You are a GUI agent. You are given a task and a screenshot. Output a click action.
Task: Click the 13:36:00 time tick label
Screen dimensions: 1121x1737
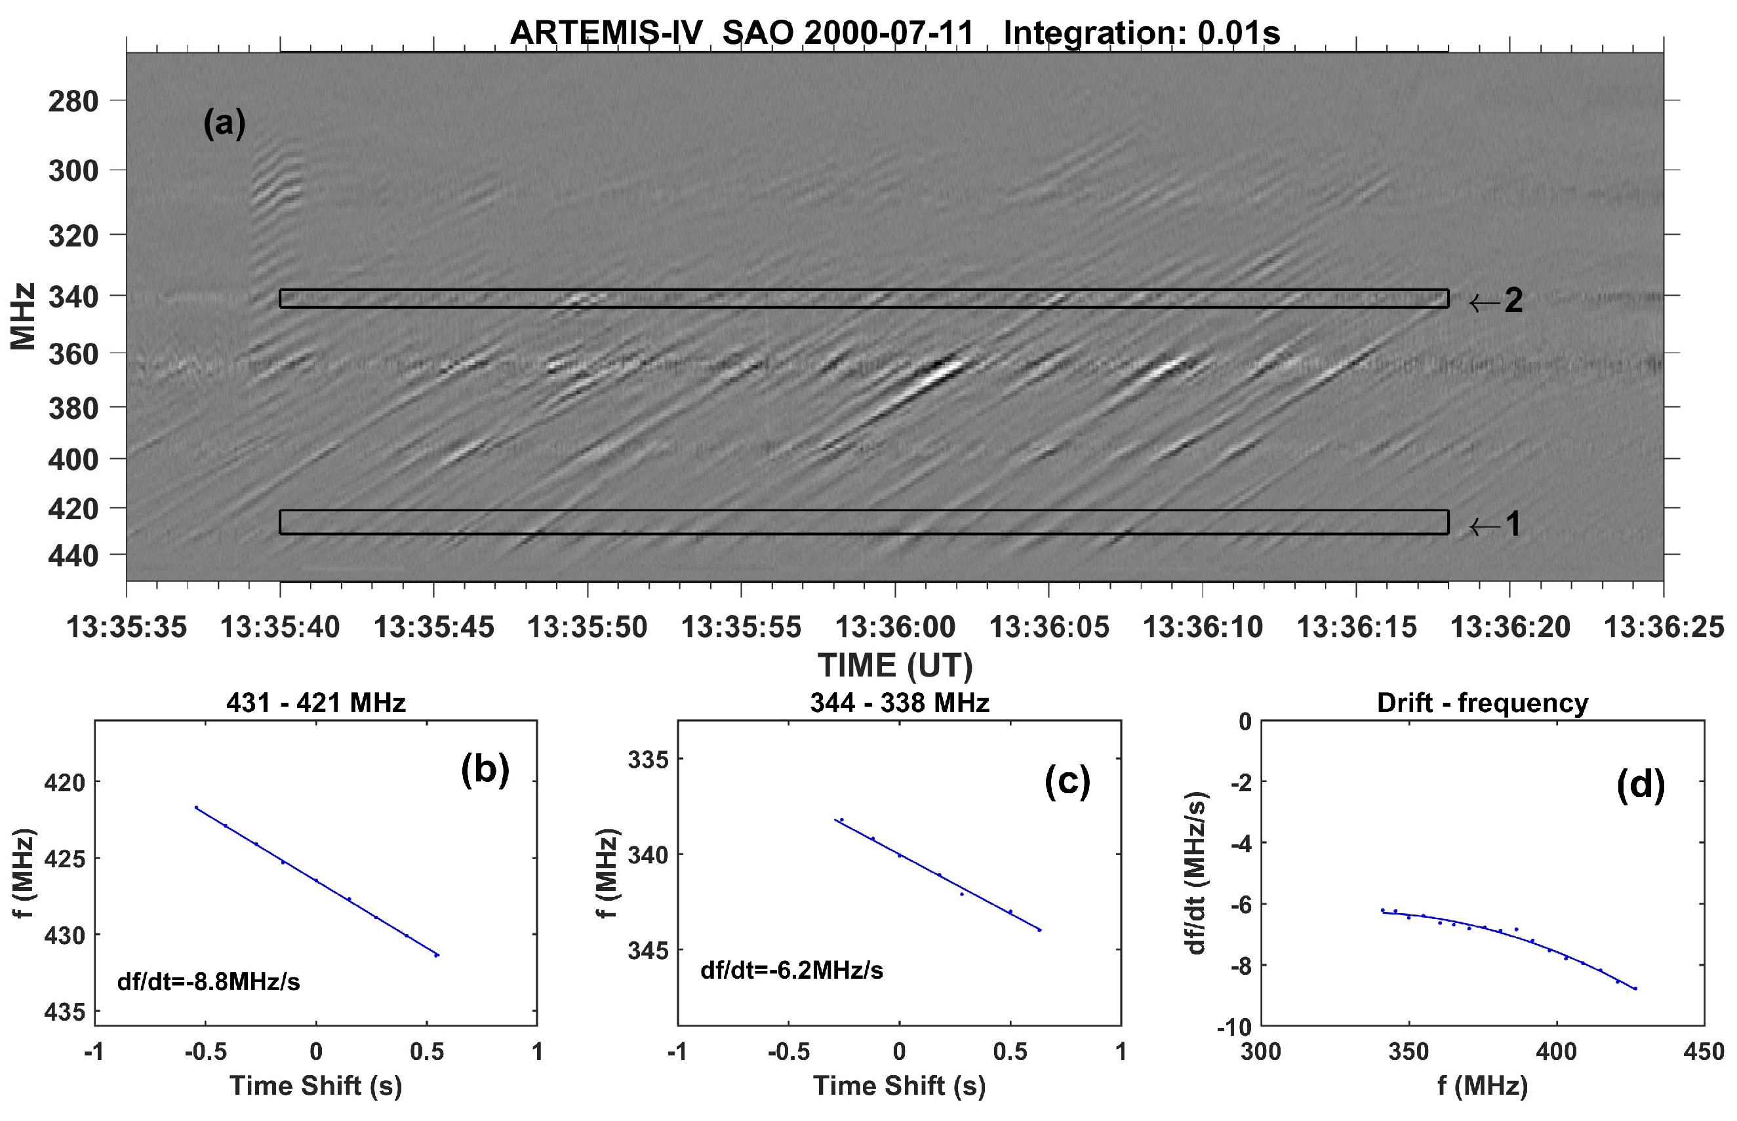coord(894,627)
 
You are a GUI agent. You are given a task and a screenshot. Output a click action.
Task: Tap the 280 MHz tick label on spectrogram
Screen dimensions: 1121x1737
coord(73,101)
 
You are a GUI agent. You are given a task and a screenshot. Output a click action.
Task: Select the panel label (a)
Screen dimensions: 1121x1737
coord(224,123)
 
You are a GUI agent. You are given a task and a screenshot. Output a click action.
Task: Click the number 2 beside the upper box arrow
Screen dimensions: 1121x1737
coord(1513,301)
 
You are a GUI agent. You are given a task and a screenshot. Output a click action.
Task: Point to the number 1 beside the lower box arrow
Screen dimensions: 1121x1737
coord(1513,523)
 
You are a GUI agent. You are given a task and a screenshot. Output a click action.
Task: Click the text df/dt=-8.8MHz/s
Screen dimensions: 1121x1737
coord(209,982)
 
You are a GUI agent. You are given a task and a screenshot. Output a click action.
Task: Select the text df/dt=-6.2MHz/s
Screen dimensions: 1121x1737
coord(791,970)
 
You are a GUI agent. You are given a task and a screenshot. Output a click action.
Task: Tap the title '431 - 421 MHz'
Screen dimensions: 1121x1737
coord(316,703)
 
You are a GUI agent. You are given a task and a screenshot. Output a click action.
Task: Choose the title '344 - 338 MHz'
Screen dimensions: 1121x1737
coord(899,703)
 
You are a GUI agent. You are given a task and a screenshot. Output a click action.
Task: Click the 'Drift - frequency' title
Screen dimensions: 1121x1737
coord(1482,703)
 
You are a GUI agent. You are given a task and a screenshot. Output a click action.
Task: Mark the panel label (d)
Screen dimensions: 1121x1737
coord(1640,785)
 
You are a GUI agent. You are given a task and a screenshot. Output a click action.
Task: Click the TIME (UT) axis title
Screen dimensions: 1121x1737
coord(894,665)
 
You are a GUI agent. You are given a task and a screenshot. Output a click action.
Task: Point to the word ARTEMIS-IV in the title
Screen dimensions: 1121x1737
coord(606,33)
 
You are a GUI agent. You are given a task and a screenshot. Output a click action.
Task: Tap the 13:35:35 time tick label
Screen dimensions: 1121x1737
coord(127,627)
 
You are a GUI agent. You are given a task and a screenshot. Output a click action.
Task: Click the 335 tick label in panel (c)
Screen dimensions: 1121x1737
coord(648,760)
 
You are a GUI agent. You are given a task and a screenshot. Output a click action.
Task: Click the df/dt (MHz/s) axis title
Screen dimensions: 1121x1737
coord(1196,873)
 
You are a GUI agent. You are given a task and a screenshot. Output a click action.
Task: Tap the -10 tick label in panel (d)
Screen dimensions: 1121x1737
coord(1233,1027)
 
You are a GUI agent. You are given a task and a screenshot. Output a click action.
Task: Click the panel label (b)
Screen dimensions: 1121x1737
coord(485,770)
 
